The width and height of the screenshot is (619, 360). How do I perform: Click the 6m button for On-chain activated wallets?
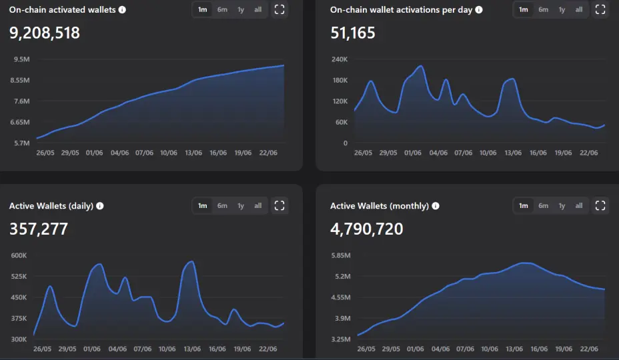pyautogui.click(x=222, y=9)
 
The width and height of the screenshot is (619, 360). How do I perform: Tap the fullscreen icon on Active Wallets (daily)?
pyautogui.click(x=279, y=205)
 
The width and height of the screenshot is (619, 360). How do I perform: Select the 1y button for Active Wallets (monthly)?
pyautogui.click(x=562, y=205)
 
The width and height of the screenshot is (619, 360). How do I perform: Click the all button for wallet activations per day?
pyautogui.click(x=579, y=9)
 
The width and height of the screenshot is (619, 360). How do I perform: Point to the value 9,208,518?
pyautogui.click(x=45, y=33)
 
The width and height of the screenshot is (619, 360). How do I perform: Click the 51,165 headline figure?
pyautogui.click(x=353, y=33)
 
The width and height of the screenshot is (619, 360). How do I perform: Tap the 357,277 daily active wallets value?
pyautogui.click(x=39, y=229)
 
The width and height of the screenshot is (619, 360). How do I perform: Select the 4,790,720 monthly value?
pyautogui.click(x=367, y=229)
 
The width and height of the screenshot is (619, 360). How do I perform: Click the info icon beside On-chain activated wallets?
pyautogui.click(x=122, y=9)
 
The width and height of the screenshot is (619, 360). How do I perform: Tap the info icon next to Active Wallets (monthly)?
pyautogui.click(x=436, y=205)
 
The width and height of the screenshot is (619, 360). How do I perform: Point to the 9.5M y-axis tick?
pyautogui.click(x=22, y=59)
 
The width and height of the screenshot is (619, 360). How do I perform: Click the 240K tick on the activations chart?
pyautogui.click(x=340, y=59)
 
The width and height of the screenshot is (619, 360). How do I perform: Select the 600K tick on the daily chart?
pyautogui.click(x=19, y=255)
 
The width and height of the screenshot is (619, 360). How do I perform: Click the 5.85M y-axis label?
pyautogui.click(x=341, y=255)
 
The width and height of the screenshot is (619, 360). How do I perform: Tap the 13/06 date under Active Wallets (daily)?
pyautogui.click(x=192, y=349)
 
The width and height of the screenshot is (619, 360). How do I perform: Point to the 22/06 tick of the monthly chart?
pyautogui.click(x=589, y=349)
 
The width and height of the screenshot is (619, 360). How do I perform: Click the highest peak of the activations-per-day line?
pyautogui.click(x=421, y=66)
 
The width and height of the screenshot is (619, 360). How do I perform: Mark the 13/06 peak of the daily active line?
pyautogui.click(x=191, y=261)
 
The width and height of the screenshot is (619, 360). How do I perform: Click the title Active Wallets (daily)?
pyautogui.click(x=51, y=205)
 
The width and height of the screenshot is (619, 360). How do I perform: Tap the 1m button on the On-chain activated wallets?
pyautogui.click(x=203, y=9)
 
